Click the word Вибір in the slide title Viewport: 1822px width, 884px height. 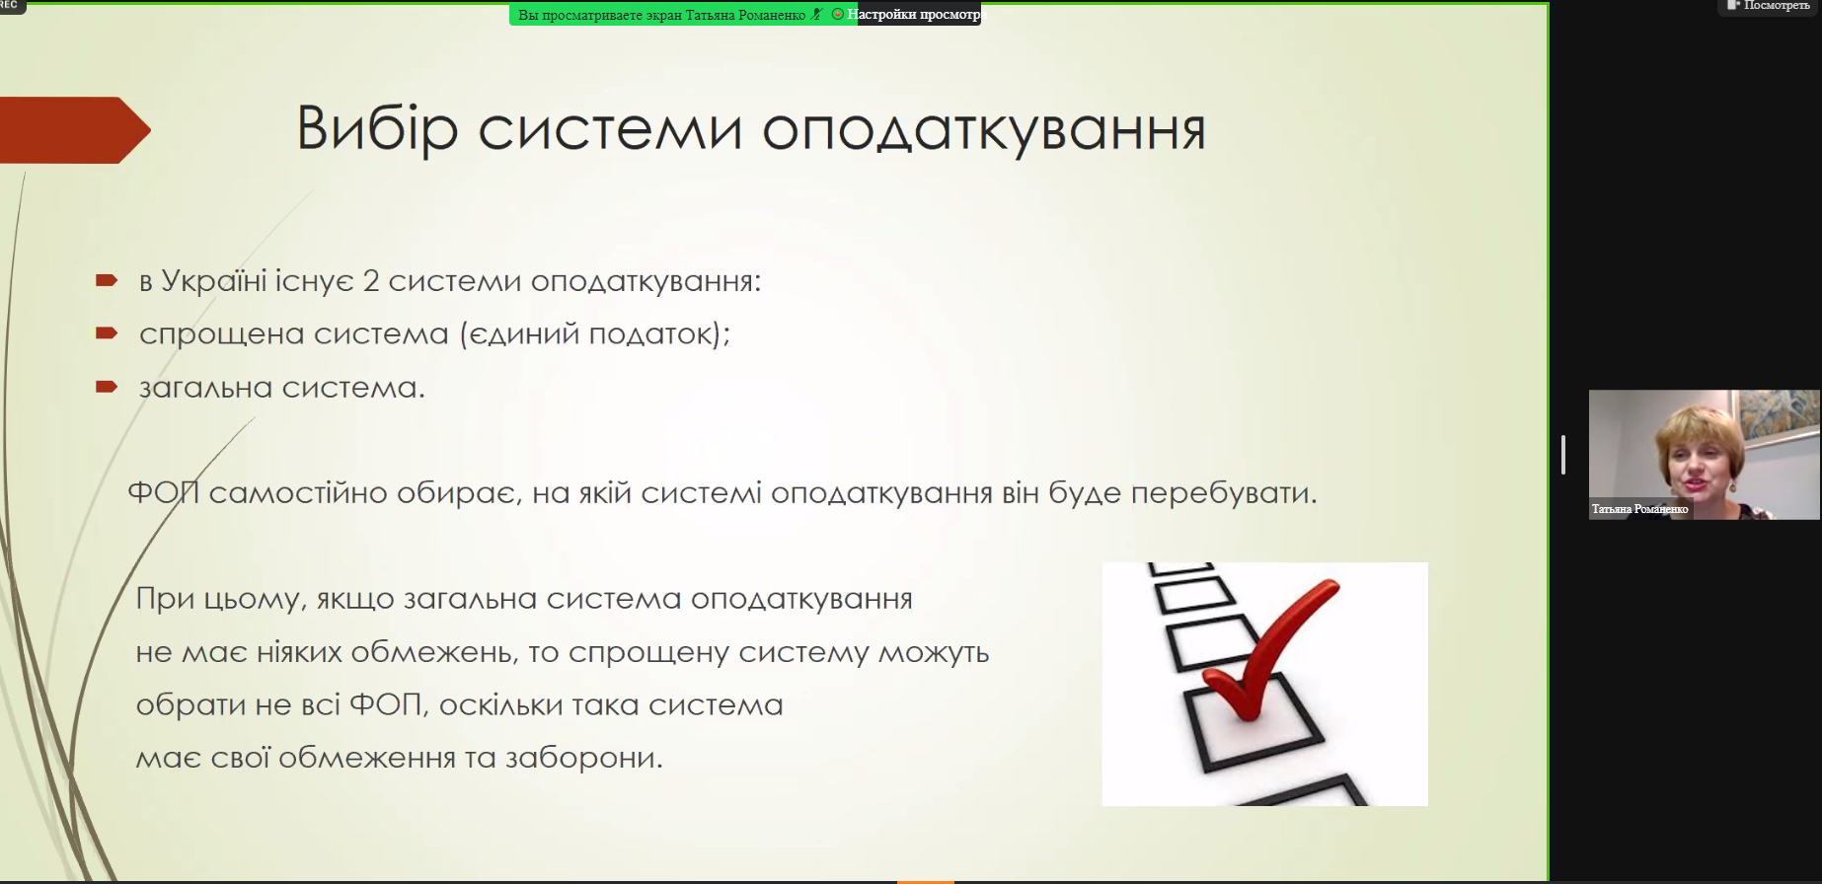(378, 129)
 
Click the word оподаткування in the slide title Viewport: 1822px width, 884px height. (984, 131)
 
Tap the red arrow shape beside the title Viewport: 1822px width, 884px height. (75, 130)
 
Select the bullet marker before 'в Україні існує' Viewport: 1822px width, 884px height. (107, 281)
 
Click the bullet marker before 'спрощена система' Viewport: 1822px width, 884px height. (107, 333)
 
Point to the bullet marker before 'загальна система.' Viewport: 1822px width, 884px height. (107, 387)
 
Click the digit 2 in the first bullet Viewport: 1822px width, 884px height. (371, 281)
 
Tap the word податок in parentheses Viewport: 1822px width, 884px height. (650, 334)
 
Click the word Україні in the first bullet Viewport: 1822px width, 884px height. (213, 281)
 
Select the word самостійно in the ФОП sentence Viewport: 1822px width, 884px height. (298, 492)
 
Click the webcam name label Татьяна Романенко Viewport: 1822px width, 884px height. (1639, 509)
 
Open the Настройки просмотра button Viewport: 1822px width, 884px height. (915, 15)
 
